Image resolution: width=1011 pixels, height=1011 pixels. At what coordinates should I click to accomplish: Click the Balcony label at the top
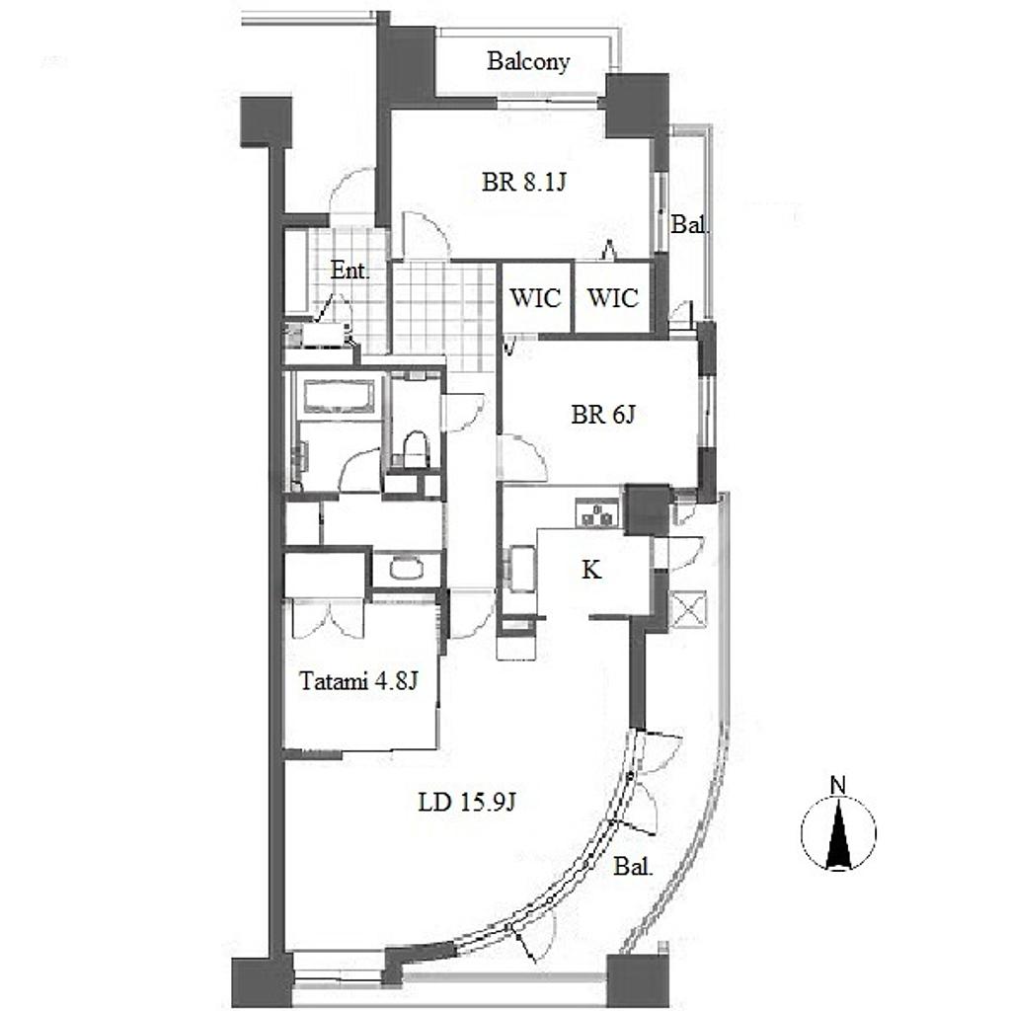pos(528,62)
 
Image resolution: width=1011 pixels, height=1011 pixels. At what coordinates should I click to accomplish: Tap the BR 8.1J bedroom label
pos(523,183)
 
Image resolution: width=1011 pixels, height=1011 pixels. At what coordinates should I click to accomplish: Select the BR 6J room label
pos(603,414)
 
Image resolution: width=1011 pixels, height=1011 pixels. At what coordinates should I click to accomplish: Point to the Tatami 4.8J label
pos(359,681)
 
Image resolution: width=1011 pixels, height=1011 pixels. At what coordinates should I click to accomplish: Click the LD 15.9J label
pos(467,803)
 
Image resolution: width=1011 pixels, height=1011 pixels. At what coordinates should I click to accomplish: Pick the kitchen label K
pos(591,570)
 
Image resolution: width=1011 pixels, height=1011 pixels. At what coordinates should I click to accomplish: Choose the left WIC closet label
pos(535,298)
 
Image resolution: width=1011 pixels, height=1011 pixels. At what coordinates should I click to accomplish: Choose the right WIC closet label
pos(612,298)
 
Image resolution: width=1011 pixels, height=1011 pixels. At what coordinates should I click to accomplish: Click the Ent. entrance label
pos(350,271)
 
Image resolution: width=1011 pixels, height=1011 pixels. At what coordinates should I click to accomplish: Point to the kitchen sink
pos(521,569)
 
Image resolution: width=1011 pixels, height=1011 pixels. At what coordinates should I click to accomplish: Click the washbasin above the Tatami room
pos(407,568)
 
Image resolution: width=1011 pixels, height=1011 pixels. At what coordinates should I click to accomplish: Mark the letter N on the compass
pos(838,786)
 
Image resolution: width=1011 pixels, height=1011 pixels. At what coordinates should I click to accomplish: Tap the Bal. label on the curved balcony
pos(633,867)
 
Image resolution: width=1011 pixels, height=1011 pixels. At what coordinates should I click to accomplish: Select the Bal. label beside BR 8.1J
pos(689,224)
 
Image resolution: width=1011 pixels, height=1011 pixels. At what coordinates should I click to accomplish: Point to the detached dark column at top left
pos(266,121)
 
